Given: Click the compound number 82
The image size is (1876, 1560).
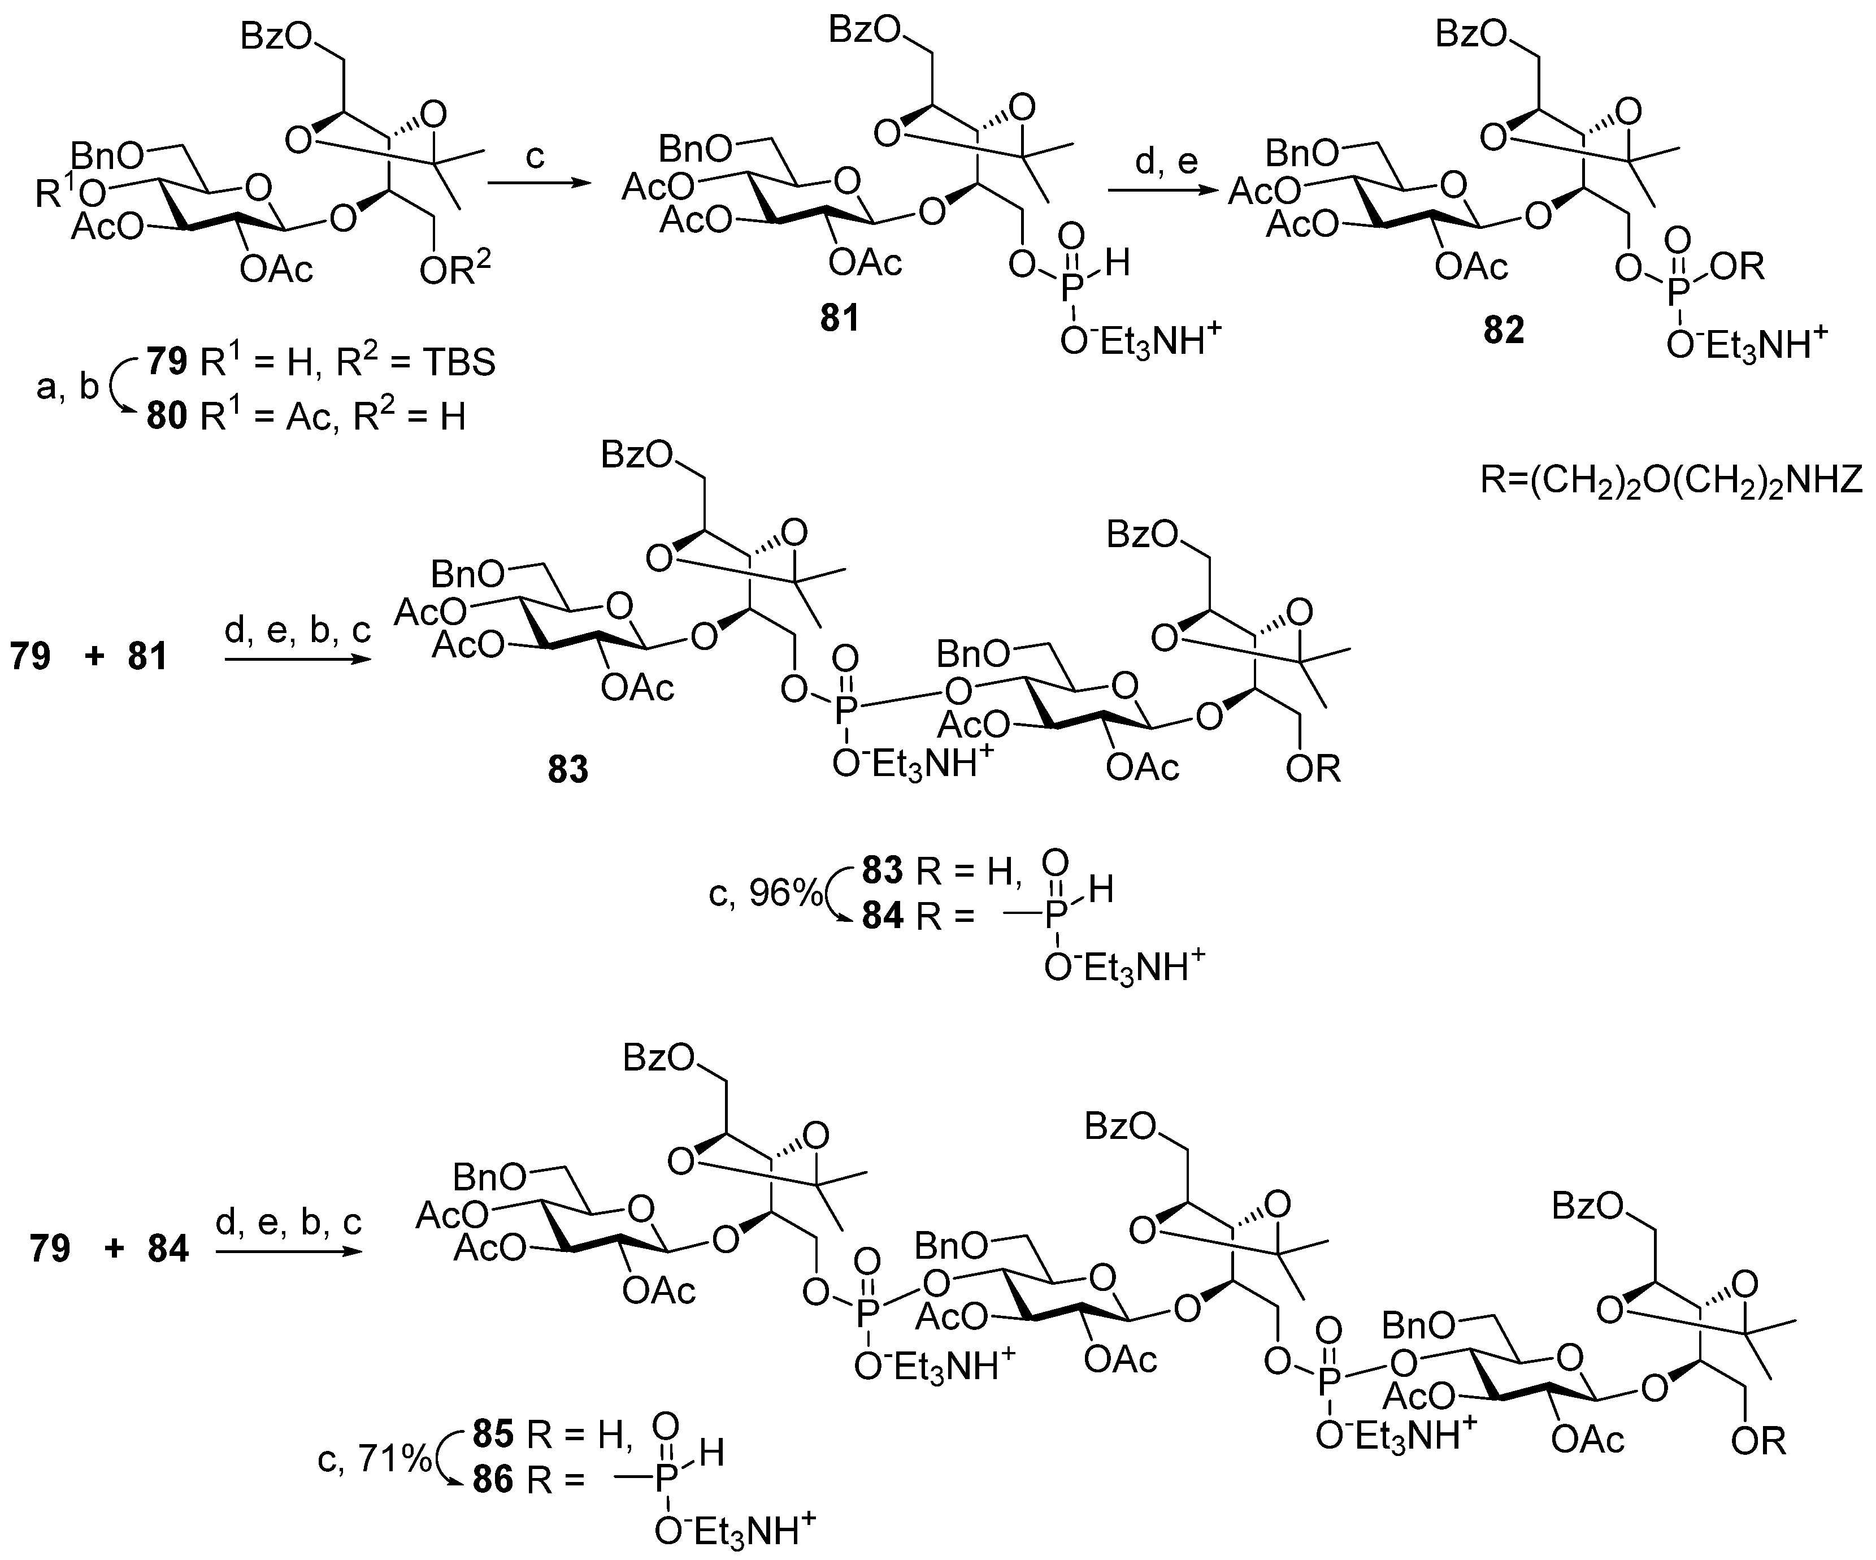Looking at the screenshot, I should click(1504, 331).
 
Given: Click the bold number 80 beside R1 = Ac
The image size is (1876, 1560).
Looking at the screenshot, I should click(167, 417).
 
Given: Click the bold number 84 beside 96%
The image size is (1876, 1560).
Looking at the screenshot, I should click(883, 917).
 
